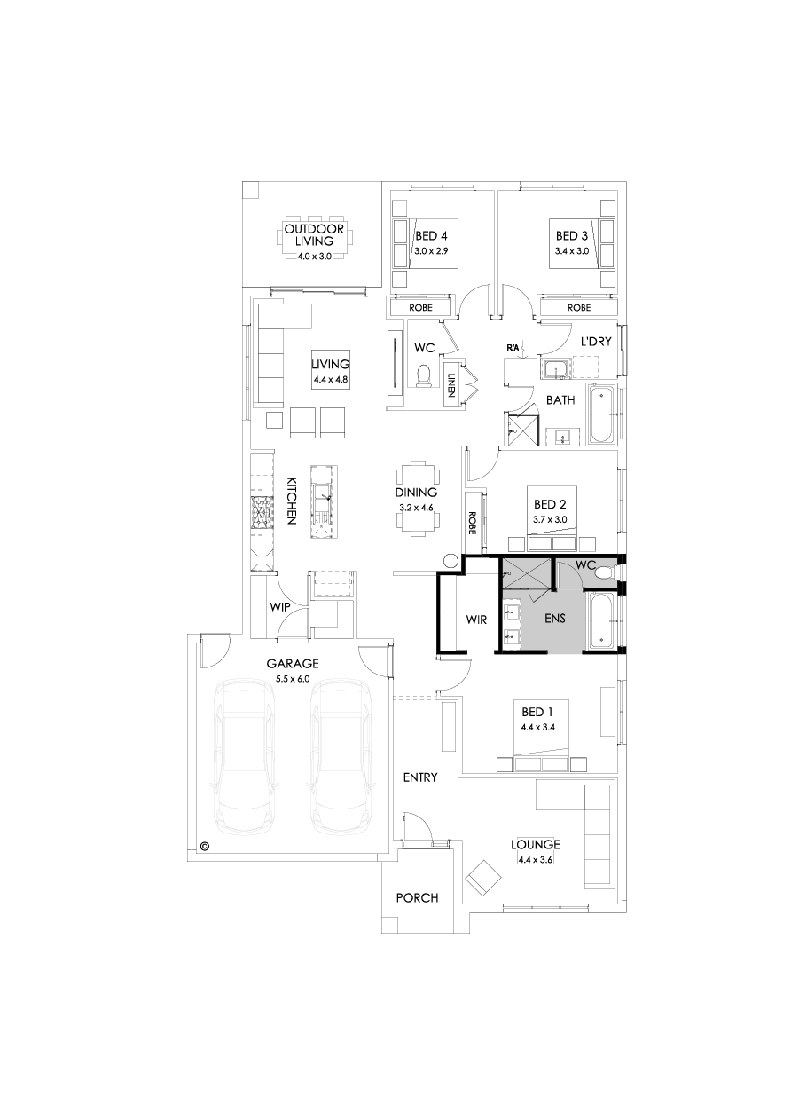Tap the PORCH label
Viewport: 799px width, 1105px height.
[x=417, y=897]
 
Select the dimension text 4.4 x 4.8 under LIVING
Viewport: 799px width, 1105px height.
[x=332, y=381]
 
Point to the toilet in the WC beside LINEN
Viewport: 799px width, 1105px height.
[x=424, y=376]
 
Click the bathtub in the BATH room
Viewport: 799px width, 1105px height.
[x=602, y=414]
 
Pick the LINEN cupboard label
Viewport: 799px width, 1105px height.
[x=451, y=384]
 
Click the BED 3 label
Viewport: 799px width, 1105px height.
[x=572, y=236]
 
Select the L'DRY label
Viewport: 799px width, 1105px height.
[x=597, y=342]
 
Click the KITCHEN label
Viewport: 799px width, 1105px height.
[x=290, y=501]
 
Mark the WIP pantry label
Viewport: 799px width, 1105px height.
[x=280, y=608]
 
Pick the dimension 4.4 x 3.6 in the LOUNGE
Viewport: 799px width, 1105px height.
[x=535, y=859]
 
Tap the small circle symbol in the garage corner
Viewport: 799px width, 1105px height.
[x=205, y=846]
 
